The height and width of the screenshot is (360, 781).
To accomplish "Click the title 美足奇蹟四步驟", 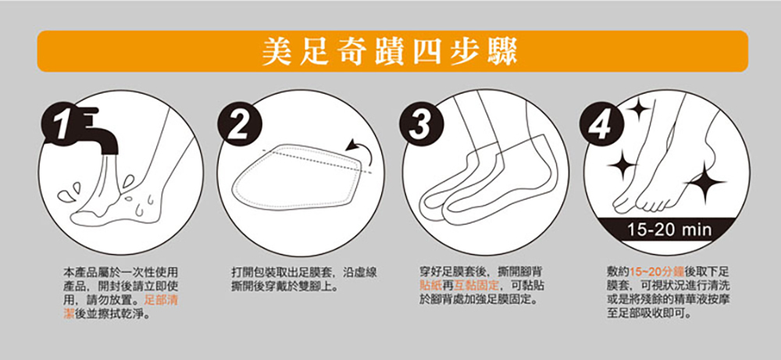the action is tap(389, 51).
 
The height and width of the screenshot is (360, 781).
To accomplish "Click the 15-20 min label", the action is tap(669, 230).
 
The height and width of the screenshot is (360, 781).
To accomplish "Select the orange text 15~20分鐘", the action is tap(652, 273).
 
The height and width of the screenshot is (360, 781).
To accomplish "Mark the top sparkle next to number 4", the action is tap(637, 110).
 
